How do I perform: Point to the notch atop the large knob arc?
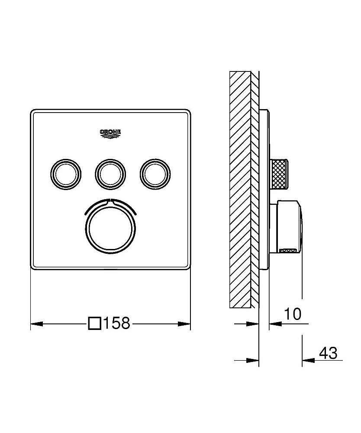pyautogui.click(x=110, y=200)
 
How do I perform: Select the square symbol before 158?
pyautogui.click(x=94, y=323)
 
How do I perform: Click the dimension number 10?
pyautogui.click(x=293, y=314)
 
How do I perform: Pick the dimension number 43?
pyautogui.click(x=328, y=353)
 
